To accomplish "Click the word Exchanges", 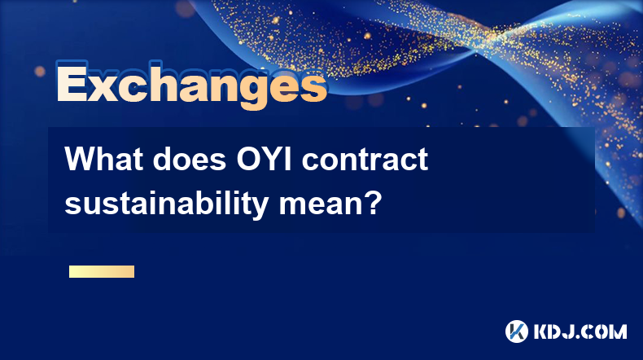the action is click(191, 85).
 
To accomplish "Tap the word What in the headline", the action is click(104, 159).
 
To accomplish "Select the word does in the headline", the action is click(190, 159).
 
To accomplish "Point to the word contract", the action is click(365, 159).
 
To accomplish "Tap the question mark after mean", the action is click(373, 201).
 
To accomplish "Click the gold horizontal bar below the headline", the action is click(102, 271).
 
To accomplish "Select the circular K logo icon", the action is click(516, 331).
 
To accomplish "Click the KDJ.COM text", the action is click(580, 331).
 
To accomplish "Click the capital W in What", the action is click(79, 159).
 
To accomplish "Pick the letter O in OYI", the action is click(249, 159).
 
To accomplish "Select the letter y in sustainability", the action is click(258, 208).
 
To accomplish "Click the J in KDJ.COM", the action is click(567, 331).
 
